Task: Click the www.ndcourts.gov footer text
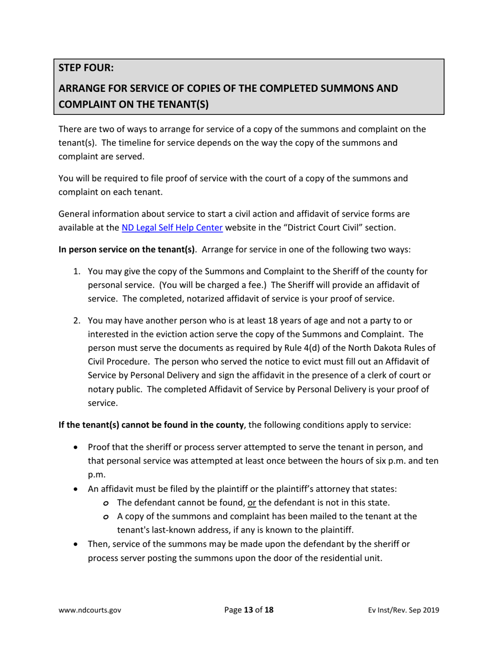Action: click(x=90, y=610)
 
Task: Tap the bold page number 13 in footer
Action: click(x=248, y=610)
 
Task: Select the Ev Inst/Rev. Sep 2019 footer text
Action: click(x=404, y=610)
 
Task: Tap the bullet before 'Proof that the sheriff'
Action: click(x=78, y=448)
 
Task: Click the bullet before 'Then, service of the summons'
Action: click(x=78, y=544)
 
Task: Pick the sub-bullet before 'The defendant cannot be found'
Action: click(x=106, y=503)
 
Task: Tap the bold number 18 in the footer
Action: click(x=268, y=610)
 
